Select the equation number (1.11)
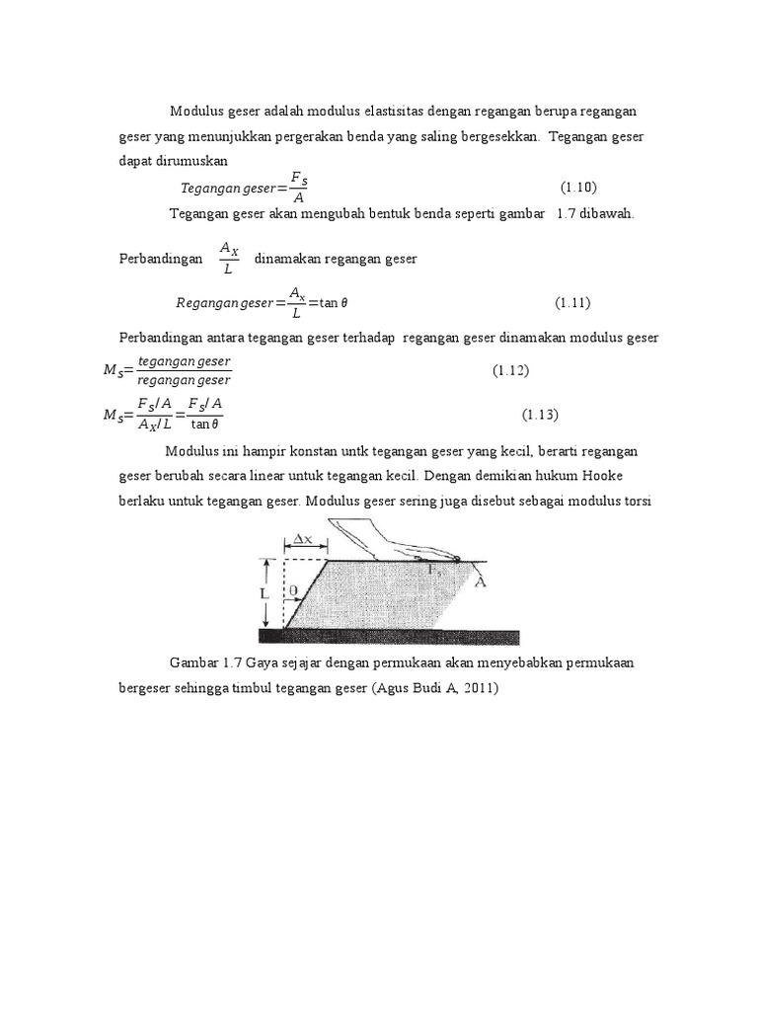[571, 302]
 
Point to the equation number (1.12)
[512, 370]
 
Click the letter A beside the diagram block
[480, 582]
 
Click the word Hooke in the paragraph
[615, 476]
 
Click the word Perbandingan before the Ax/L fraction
[154, 259]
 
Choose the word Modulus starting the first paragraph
[198, 110]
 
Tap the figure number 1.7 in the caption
[233, 662]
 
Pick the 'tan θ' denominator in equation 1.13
[204, 425]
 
